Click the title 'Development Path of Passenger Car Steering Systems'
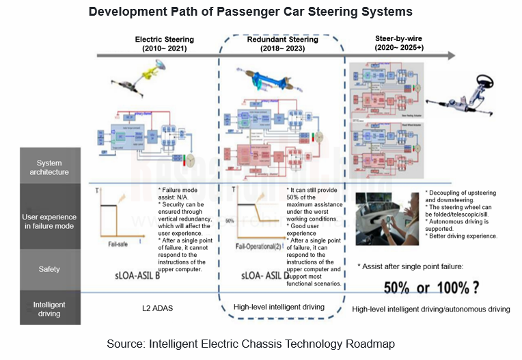pyautogui.click(x=250, y=12)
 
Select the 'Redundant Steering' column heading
pyautogui.click(x=281, y=44)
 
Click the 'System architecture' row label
pyautogui.click(x=50, y=167)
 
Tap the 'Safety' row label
pyautogui.click(x=50, y=269)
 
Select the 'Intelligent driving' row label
pyautogui.click(x=50, y=309)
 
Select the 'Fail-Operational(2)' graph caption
pyautogui.click(x=260, y=246)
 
